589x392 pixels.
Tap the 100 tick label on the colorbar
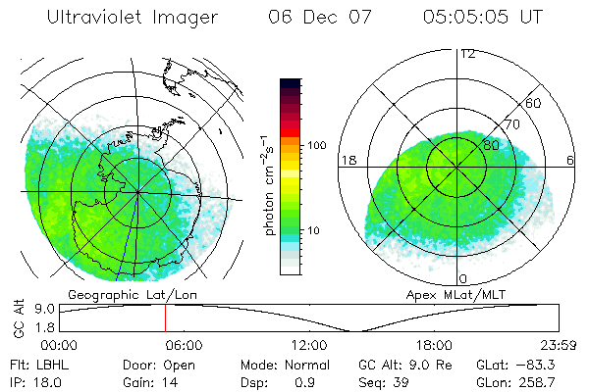pos(317,144)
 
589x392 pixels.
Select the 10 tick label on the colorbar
pos(314,231)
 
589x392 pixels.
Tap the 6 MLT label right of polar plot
pos(571,160)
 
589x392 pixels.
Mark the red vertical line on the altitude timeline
pos(165,318)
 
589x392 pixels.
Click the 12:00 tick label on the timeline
pos(308,345)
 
